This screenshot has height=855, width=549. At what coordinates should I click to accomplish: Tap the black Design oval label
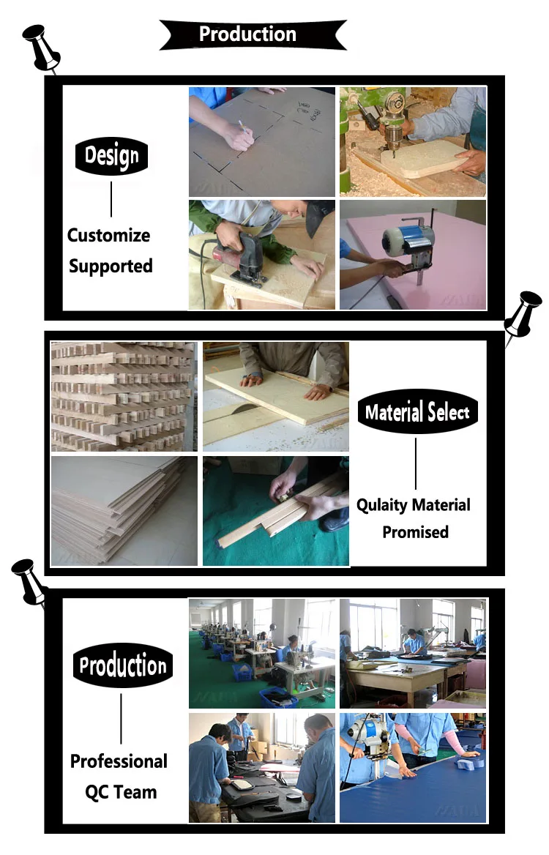pyautogui.click(x=111, y=155)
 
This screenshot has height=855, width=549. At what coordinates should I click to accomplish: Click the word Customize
pyautogui.click(x=109, y=236)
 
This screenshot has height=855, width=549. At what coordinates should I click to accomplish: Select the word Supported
pyautogui.click(x=111, y=266)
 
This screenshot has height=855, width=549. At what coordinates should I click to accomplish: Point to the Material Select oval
pyautogui.click(x=417, y=412)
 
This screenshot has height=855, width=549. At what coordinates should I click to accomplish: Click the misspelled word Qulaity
pyautogui.click(x=382, y=505)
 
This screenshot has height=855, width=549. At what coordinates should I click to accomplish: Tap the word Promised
pyautogui.click(x=415, y=532)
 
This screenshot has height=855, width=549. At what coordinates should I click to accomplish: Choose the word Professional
pyautogui.click(x=119, y=761)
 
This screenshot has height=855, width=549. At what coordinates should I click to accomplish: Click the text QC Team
pyautogui.click(x=121, y=791)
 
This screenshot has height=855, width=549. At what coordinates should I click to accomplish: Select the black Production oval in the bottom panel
pyautogui.click(x=123, y=665)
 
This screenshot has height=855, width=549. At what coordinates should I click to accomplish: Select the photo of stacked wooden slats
pyautogui.click(x=124, y=396)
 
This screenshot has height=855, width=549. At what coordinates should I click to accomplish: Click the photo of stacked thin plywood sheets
pyautogui.click(x=124, y=510)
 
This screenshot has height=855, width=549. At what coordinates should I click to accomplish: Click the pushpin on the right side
pyautogui.click(x=523, y=311)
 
